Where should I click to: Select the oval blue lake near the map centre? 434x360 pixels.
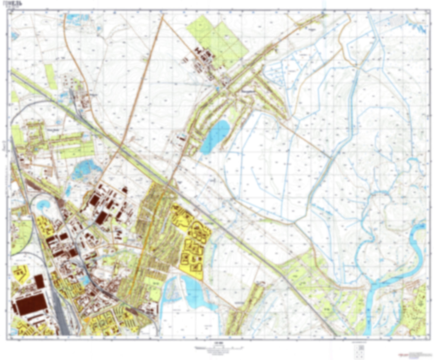point(215,137)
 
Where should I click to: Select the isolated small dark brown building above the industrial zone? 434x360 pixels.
point(125,189)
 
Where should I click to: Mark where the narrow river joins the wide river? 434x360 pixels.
point(372,284)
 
